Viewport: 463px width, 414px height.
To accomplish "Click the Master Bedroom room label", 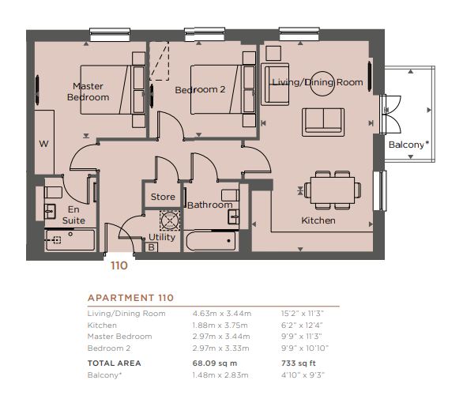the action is [x=88, y=92].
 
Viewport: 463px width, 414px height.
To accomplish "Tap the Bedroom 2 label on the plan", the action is [x=200, y=89].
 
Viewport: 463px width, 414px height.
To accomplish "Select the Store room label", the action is [x=163, y=197].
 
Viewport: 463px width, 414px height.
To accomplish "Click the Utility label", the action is [x=162, y=237].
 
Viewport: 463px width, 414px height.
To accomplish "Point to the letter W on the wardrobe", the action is [x=43, y=144].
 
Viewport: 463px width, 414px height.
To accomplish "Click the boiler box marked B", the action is [x=151, y=247].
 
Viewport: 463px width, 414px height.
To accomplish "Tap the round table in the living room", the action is [x=322, y=84].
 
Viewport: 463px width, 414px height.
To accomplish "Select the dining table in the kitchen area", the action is [x=333, y=190].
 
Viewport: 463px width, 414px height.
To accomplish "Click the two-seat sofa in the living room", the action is [x=323, y=122].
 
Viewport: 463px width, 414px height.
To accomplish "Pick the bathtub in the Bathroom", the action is [x=211, y=241].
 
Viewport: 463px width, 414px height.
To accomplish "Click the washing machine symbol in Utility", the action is [x=170, y=220].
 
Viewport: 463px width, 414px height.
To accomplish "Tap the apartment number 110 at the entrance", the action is [x=119, y=265].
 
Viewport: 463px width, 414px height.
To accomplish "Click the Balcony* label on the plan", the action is [x=408, y=145].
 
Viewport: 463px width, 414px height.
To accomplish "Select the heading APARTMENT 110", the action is [x=130, y=298].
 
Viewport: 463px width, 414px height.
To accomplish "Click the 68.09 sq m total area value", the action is [x=215, y=363].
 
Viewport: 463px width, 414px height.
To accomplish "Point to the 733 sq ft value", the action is [x=299, y=363].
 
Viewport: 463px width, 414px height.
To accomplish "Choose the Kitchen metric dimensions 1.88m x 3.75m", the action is [x=220, y=326].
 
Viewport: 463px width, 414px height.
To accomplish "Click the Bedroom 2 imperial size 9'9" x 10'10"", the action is [x=305, y=348].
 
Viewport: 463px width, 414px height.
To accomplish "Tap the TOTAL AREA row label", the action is [x=115, y=363].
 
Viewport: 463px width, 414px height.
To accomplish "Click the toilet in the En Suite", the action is [x=53, y=192].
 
